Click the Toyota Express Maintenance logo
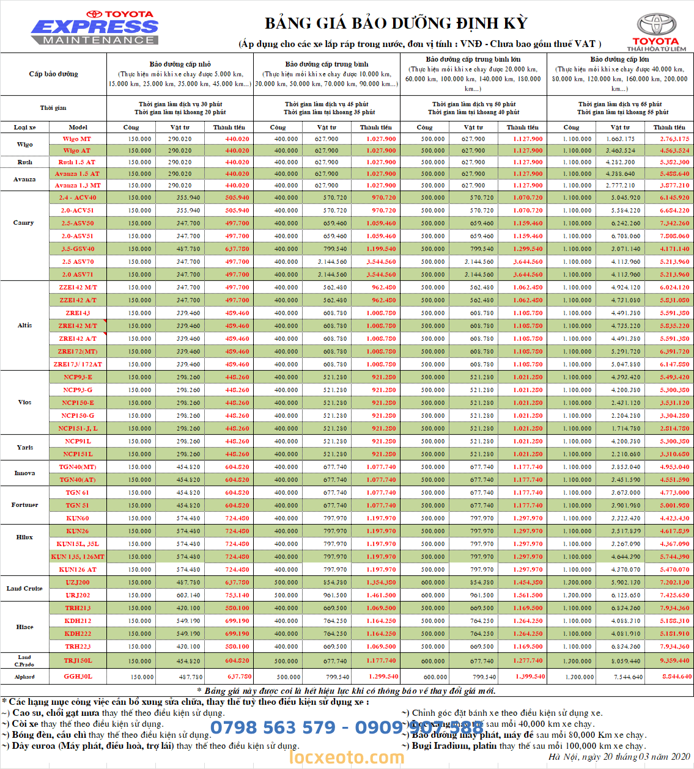[95, 27]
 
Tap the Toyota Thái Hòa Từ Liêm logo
[657, 32]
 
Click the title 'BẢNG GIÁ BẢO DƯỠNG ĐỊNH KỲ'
[396, 23]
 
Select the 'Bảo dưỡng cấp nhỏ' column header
[180, 64]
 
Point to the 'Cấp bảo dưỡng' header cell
[53, 74]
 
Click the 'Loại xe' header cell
[24, 128]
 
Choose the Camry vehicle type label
[24, 223]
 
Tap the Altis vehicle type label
[24, 326]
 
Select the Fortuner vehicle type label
[24, 505]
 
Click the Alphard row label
[24, 677]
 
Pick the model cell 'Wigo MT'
[77, 139]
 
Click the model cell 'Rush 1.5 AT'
[77, 162]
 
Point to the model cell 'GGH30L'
[78, 677]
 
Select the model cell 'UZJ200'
[78, 583]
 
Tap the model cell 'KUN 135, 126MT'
[78, 557]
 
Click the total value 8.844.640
[677, 677]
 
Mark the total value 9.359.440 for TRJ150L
[674, 661]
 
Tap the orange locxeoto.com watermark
[347, 757]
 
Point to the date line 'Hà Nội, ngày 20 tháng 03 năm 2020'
[619, 757]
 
